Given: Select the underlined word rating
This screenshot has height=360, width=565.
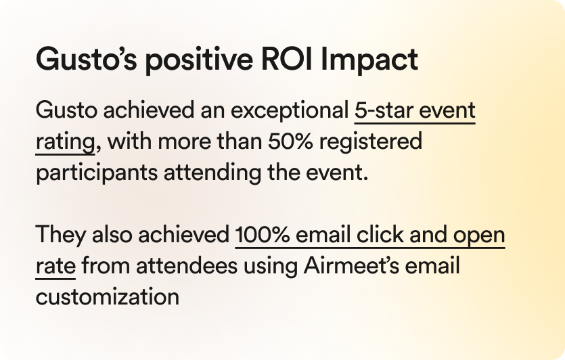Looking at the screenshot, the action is click(x=65, y=142).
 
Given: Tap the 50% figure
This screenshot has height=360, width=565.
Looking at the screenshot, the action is click(x=290, y=141).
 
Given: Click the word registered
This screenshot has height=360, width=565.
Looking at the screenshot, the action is click(x=371, y=142).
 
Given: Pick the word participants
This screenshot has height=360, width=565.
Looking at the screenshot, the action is click(x=97, y=173).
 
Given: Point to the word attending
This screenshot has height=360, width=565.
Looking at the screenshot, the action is click(x=212, y=173).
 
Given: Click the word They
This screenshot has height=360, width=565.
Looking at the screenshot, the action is click(x=60, y=235).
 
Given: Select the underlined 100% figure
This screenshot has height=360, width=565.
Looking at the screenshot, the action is click(x=263, y=235).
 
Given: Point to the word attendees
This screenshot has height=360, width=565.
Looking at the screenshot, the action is click(x=187, y=266).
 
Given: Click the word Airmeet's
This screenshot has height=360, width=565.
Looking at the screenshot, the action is click(x=351, y=266).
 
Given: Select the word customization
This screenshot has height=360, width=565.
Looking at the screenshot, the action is click(x=108, y=297).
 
